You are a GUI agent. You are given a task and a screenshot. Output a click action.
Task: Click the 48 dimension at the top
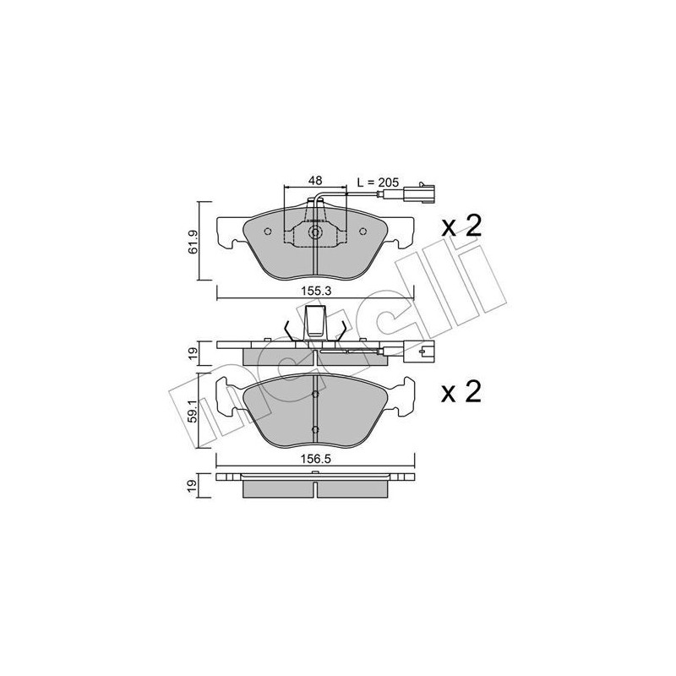coord(314,180)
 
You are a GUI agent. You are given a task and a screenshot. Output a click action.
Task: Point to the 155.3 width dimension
coord(315,289)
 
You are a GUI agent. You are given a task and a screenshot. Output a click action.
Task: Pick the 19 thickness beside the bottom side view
coord(194,485)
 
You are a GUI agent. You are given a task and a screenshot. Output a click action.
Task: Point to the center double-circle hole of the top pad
coord(315,234)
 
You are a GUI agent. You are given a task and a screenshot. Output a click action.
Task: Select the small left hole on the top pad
coord(268,233)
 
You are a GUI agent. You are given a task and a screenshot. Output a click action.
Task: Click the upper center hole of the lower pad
coord(315,394)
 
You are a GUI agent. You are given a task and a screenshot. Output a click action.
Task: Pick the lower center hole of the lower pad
coord(315,429)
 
